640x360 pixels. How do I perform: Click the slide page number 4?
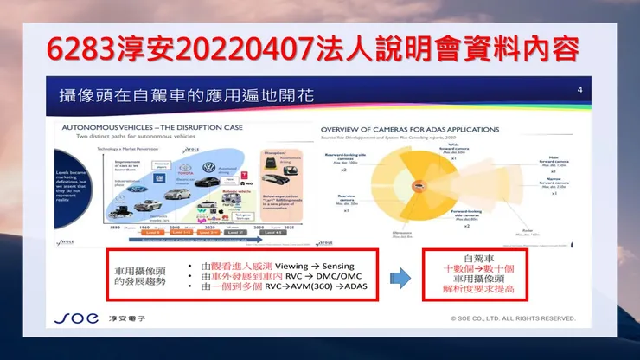579,90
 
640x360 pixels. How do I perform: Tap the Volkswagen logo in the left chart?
208,168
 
